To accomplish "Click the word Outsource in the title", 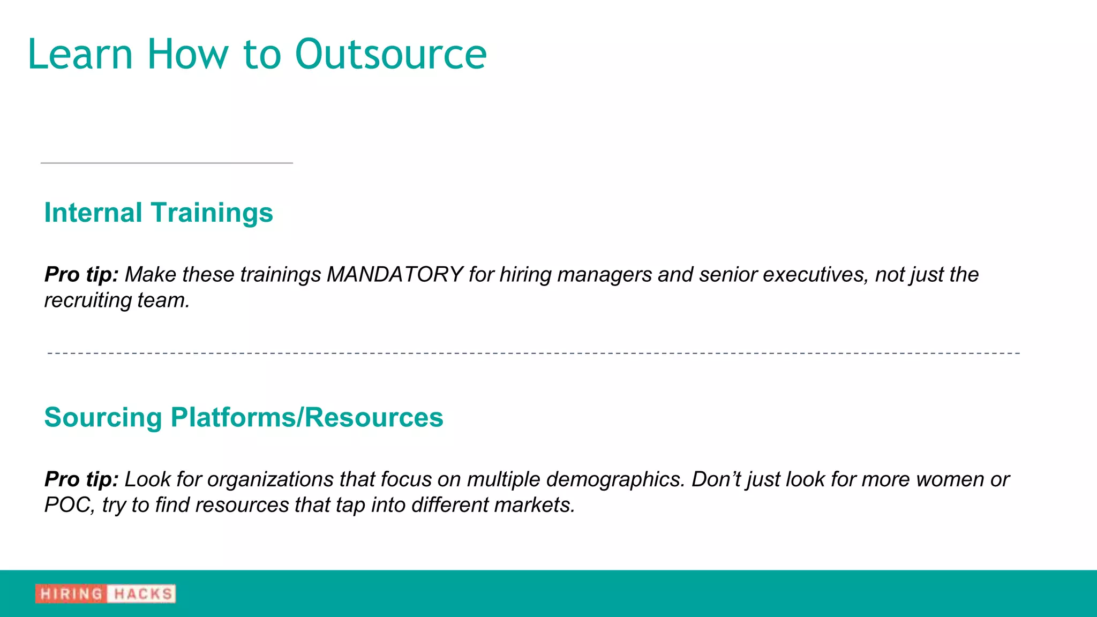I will tap(390, 55).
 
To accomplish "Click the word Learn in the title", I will tap(80, 55).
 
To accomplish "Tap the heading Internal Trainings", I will tap(159, 213).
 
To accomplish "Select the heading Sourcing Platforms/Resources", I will tap(244, 417).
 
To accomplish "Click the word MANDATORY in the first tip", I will tap(395, 275).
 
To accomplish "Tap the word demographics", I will tap(615, 479).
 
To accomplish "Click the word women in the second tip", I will tap(949, 479).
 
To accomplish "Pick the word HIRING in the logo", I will tap(71, 594).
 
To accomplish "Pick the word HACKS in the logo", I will tap(142, 594).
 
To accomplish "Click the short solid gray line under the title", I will tap(167, 163).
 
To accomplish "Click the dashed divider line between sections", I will tap(534, 353).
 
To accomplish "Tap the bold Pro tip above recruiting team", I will tap(81, 275).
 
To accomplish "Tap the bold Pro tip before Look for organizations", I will tap(81, 479).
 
